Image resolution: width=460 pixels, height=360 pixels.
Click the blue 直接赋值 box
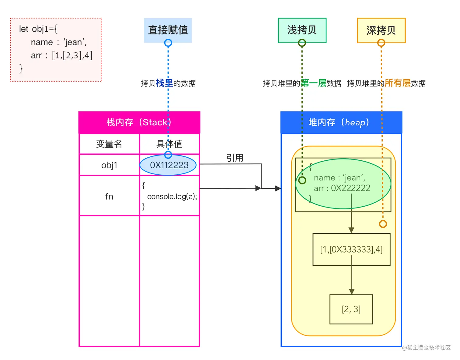tap(168, 30)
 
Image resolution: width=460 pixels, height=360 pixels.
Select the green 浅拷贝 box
tap(302, 30)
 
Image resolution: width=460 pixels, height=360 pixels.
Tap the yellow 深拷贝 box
tap(381, 30)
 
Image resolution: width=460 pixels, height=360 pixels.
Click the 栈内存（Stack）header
tap(139, 122)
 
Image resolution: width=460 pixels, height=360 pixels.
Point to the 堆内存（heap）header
tap(341, 122)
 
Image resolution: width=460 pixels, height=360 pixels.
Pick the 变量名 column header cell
tap(109, 144)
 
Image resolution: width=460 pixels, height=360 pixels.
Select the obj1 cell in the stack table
tap(109, 165)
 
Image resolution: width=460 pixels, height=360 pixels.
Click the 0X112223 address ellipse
tap(169, 165)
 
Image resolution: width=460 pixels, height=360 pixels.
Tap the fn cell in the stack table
tap(109, 197)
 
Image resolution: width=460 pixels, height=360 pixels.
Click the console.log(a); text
tap(172, 197)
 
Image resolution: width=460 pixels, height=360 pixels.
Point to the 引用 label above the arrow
tap(235, 158)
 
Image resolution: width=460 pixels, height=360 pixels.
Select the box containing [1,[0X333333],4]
tap(351, 250)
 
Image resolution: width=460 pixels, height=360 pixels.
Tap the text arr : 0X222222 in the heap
tap(342, 188)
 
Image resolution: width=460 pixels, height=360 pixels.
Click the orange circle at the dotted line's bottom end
tap(383, 224)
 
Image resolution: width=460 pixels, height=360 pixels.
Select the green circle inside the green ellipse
tap(302, 180)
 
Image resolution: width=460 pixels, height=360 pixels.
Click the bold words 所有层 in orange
tap(398, 83)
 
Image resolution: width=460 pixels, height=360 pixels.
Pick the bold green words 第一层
tap(314, 83)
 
